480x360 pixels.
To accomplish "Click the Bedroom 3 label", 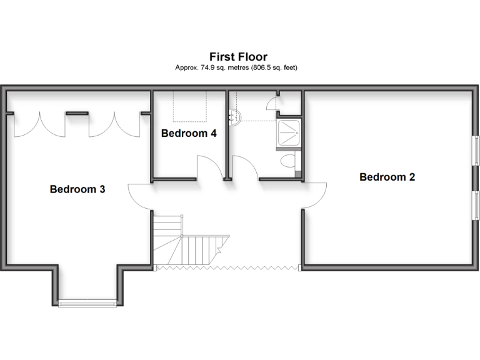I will click(x=77, y=189).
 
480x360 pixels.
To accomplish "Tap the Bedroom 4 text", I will click(x=189, y=133).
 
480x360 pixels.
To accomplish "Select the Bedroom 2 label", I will click(x=387, y=177).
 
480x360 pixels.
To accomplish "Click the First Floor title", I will click(x=238, y=57).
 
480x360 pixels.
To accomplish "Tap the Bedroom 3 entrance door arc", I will click(x=139, y=196).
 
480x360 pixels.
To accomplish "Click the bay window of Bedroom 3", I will click(x=87, y=304).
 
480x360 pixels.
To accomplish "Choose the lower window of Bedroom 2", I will click(x=476, y=206).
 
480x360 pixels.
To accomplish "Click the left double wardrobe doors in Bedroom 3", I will click(x=39, y=124).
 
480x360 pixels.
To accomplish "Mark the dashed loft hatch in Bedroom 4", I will click(x=190, y=106).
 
